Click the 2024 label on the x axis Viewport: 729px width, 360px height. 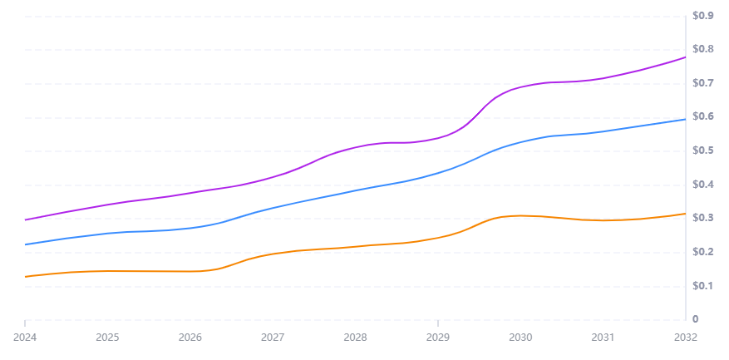[x=25, y=338]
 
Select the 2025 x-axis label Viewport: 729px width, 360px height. [x=107, y=338]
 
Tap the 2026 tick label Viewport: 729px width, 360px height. [x=190, y=338]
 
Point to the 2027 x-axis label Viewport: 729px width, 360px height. [x=273, y=338]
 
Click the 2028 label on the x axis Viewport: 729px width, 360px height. [x=355, y=338]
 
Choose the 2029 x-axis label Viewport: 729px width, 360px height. [x=438, y=338]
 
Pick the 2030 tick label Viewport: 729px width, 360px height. [x=520, y=338]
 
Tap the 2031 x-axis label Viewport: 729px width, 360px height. [x=603, y=338]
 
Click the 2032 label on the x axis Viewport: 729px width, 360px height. [x=685, y=338]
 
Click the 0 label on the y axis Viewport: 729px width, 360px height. [x=695, y=319]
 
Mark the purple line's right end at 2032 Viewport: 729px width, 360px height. [x=685, y=57]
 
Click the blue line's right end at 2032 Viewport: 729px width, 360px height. [x=685, y=119]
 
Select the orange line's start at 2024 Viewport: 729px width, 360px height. [x=25, y=276]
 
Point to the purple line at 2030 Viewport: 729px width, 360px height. [x=520, y=87]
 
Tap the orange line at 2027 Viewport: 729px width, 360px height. [x=273, y=253]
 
